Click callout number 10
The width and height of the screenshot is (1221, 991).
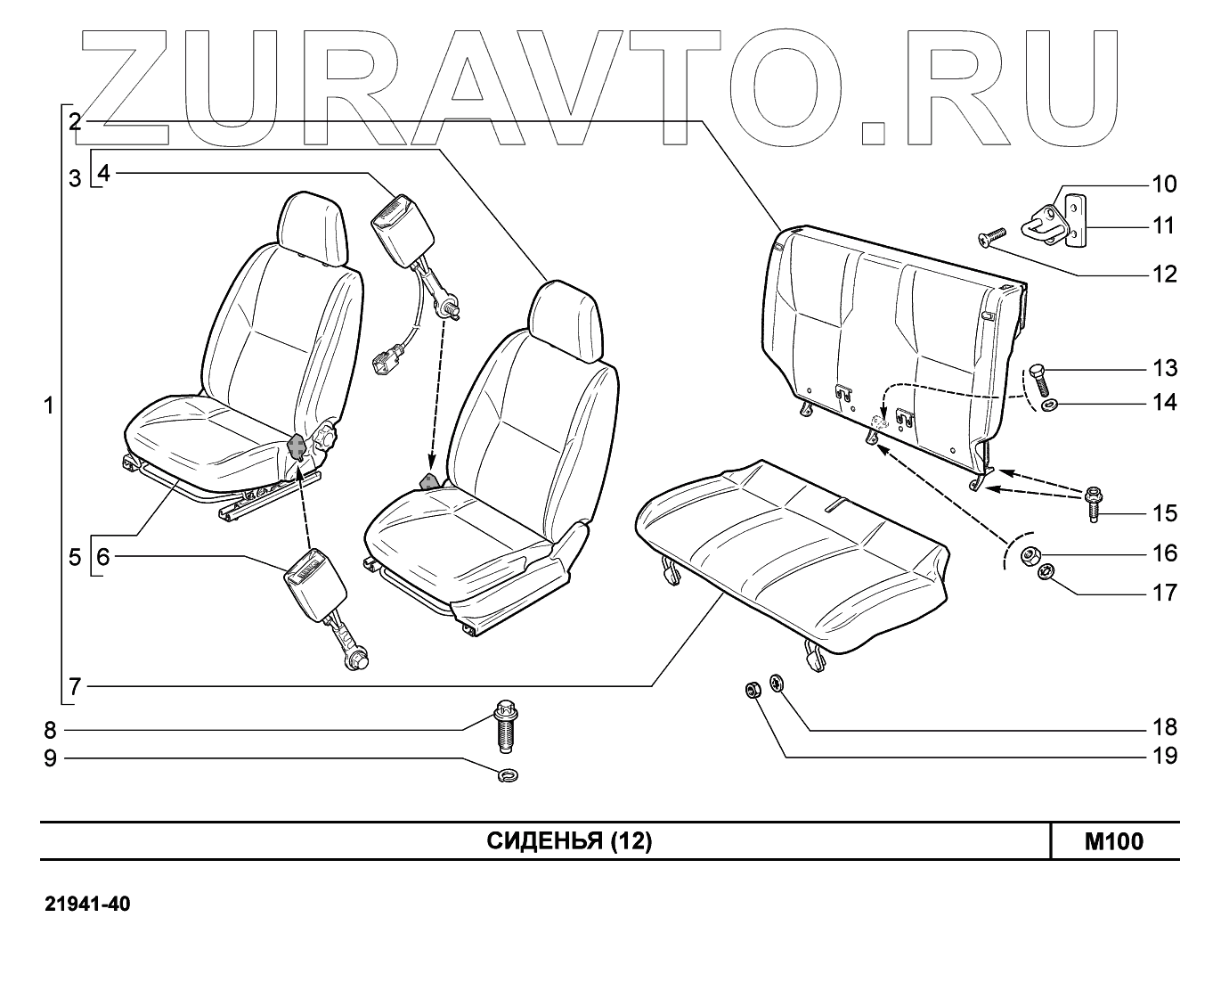coord(1164,184)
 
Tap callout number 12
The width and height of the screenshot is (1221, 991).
coord(1164,274)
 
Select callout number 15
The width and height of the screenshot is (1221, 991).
coord(1164,513)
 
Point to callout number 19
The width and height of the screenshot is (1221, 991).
coord(1164,757)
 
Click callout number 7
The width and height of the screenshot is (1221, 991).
coord(75,686)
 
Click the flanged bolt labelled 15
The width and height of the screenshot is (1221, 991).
coord(1093,504)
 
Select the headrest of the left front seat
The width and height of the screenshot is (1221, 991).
coord(311,226)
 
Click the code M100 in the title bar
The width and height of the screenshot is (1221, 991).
coord(1113,841)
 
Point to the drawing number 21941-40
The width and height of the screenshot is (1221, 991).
coord(88,905)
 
